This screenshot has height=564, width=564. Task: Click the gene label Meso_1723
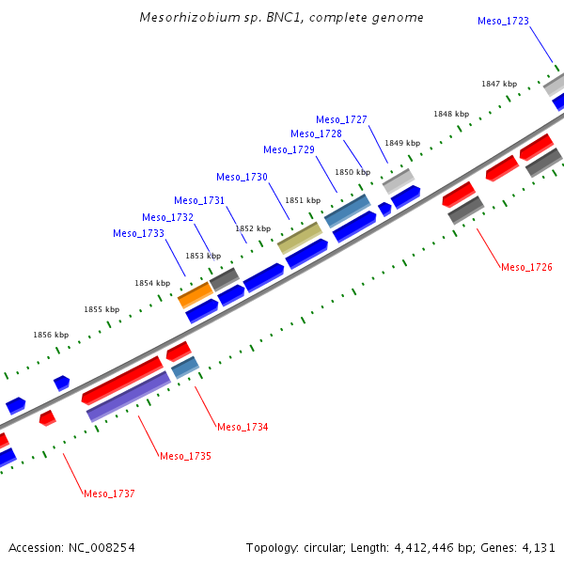pos(503,21)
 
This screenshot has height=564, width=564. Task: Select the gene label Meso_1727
pos(341,119)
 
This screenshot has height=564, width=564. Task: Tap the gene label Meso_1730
pos(242,177)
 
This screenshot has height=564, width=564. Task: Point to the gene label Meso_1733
pos(138,233)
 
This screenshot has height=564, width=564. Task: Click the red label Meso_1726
pos(526,267)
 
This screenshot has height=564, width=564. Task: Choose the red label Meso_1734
pos(243,427)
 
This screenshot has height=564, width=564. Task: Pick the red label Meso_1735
pos(185,456)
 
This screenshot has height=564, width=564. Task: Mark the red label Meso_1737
pos(109,493)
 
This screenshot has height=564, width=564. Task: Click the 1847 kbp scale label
pos(499,84)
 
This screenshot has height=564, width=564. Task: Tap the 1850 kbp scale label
pos(352,172)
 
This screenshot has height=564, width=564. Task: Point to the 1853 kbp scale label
pos(202,256)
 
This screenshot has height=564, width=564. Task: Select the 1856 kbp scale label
pos(51,334)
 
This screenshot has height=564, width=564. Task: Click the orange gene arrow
pos(196,294)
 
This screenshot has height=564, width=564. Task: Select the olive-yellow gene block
pos(300,238)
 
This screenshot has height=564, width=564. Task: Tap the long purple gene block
pos(128,396)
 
